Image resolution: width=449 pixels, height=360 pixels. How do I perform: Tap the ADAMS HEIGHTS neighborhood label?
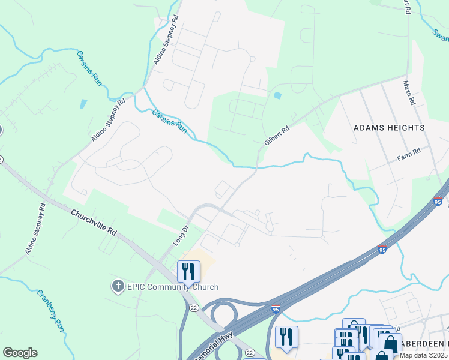(x=389, y=128)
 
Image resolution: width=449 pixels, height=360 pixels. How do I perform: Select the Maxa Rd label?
(x=409, y=93)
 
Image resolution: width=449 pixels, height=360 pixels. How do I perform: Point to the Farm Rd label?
(x=409, y=158)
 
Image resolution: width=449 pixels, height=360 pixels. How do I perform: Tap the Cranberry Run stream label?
(x=50, y=311)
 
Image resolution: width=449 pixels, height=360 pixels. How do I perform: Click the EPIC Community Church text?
(x=172, y=287)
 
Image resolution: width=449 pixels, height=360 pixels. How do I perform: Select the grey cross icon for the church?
(x=118, y=287)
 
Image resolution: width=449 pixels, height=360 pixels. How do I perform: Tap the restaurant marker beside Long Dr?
(x=188, y=272)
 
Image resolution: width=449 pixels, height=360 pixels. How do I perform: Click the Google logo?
(x=20, y=353)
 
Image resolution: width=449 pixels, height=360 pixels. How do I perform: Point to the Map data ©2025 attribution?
(x=424, y=355)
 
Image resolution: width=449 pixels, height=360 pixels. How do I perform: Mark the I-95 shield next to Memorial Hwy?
(x=276, y=310)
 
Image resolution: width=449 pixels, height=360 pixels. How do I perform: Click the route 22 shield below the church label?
(x=193, y=307)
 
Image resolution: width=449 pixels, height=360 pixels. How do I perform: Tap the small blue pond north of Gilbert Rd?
(x=277, y=95)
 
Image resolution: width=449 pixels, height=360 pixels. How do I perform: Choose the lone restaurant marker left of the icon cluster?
(x=286, y=337)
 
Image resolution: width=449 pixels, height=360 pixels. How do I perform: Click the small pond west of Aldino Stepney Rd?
(x=82, y=103)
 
